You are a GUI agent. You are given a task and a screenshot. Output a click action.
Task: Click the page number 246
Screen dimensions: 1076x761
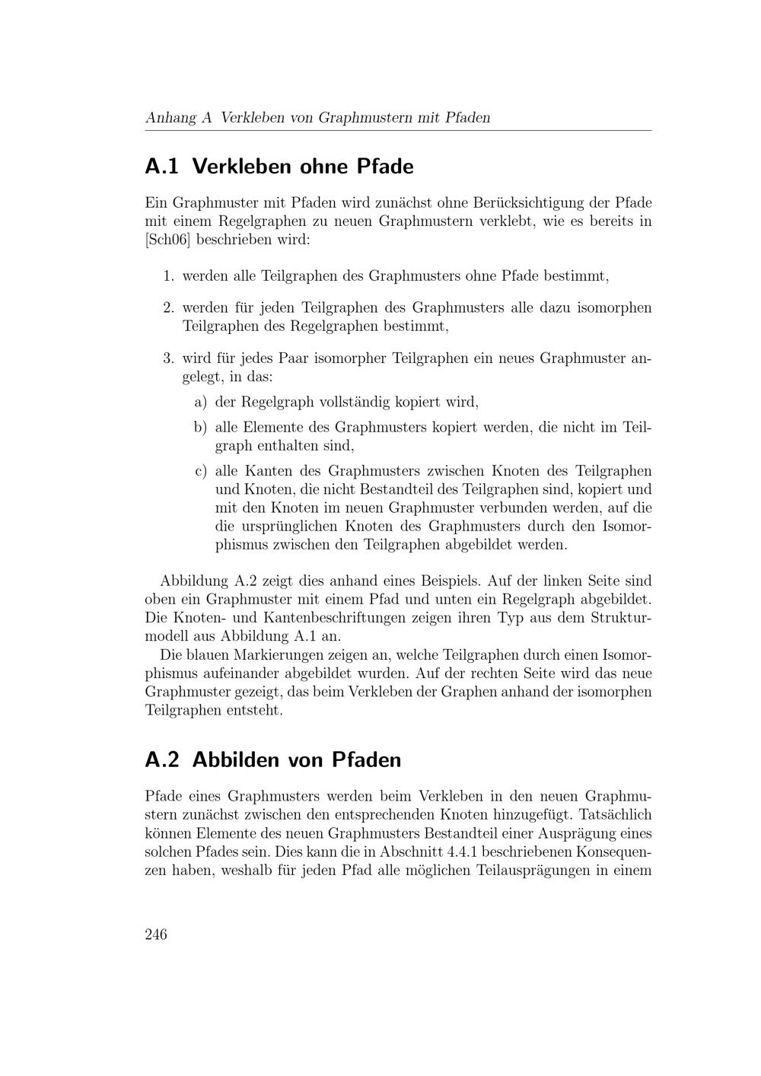[156, 934]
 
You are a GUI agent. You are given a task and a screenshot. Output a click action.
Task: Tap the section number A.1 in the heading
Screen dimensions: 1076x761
[161, 166]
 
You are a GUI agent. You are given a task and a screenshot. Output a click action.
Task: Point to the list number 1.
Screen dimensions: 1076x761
[168, 276]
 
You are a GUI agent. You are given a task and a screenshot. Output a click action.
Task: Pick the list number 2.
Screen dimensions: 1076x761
[168, 308]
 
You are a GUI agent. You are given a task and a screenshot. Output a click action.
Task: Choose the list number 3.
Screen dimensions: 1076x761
[168, 358]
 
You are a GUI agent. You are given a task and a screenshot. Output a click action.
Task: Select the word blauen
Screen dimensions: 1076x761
[205, 655]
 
